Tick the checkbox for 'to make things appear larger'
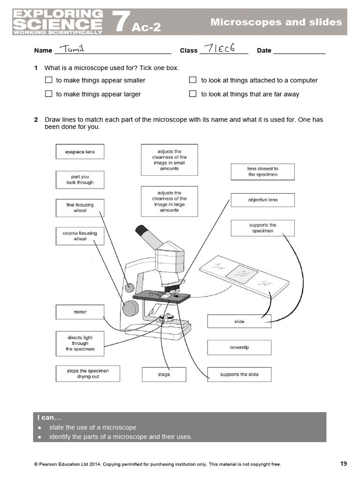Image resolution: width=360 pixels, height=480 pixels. click(48, 94)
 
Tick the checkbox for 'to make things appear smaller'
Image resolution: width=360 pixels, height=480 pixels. click(48, 80)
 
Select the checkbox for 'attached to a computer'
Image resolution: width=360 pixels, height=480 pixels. click(193, 80)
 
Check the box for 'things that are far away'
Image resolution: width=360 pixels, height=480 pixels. click(193, 94)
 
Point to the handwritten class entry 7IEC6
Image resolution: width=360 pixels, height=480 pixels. click(217, 49)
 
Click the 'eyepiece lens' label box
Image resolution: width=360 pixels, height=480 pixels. click(80, 152)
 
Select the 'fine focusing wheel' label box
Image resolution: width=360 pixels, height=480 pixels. click(80, 208)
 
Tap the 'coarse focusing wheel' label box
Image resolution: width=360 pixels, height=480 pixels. click(80, 236)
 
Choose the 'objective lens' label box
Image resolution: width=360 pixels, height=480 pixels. click(262, 200)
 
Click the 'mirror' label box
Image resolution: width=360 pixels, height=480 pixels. click(80, 312)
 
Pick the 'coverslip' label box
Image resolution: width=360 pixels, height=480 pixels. click(239, 348)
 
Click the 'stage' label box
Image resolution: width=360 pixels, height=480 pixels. click(164, 375)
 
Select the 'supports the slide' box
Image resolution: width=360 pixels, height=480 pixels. click(239, 375)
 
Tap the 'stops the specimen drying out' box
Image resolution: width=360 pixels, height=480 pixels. click(88, 374)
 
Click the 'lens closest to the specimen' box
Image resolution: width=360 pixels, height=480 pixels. click(262, 172)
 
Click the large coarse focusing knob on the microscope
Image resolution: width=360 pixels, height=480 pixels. click(130, 308)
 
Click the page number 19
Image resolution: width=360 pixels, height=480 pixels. click(344, 464)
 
